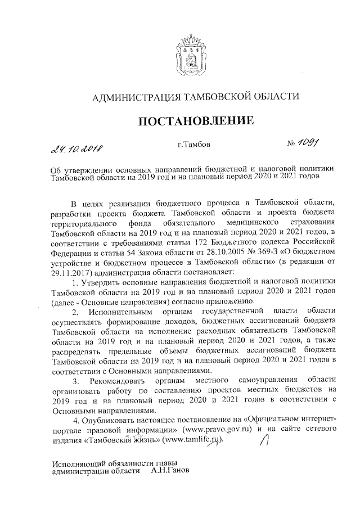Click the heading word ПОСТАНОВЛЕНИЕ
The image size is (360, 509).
[x=190, y=120]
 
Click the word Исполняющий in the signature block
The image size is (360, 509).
[x=76, y=464]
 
